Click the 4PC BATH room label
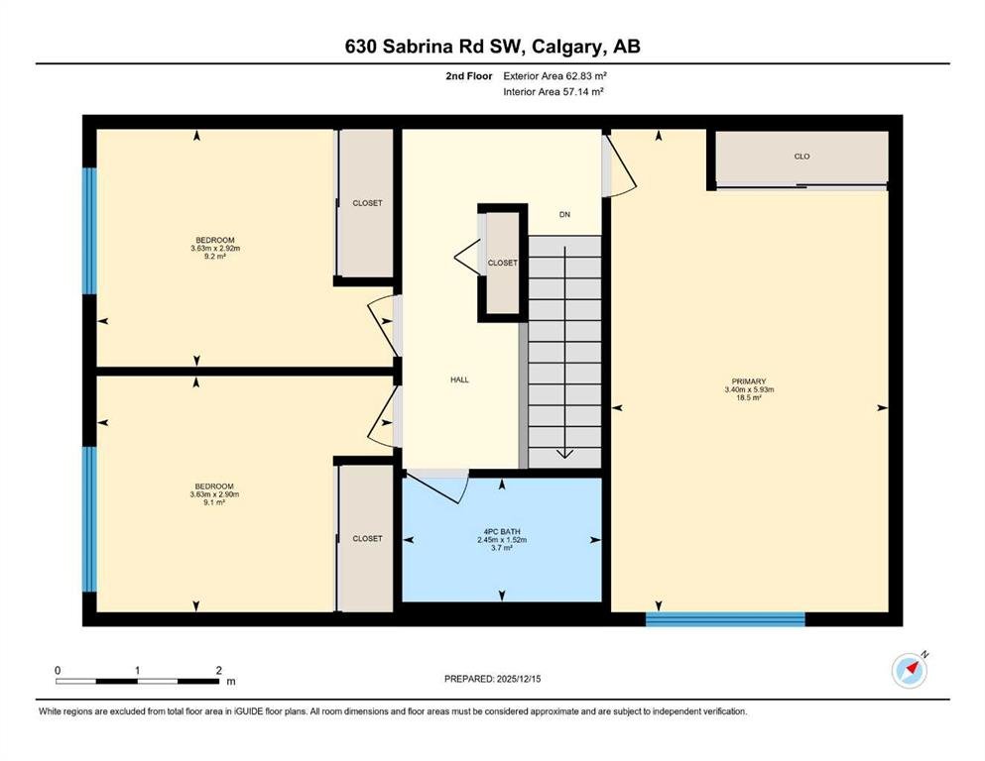(x=501, y=531)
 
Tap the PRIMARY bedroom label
(x=749, y=381)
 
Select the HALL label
(x=459, y=380)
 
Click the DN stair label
(x=564, y=215)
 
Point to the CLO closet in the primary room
(x=801, y=158)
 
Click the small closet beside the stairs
(x=503, y=263)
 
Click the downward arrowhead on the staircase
(x=564, y=454)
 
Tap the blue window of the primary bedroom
(x=725, y=619)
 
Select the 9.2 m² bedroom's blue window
(x=90, y=231)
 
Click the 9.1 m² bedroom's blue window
(x=90, y=519)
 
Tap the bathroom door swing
(x=436, y=488)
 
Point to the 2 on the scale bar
(x=218, y=671)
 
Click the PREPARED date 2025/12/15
(x=518, y=679)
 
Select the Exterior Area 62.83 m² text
(x=554, y=76)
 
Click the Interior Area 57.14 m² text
(x=554, y=92)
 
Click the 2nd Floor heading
(x=468, y=76)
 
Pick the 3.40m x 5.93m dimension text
(x=749, y=389)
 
